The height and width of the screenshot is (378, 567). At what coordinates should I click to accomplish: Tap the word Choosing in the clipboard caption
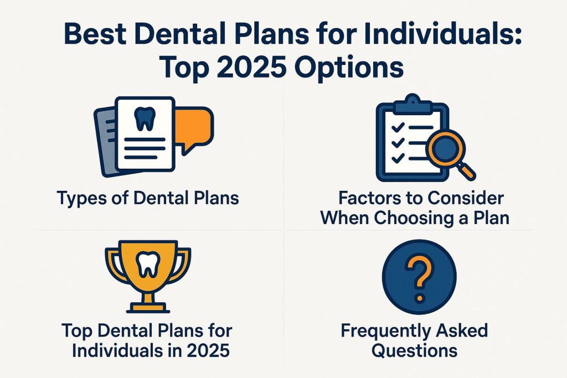(421, 217)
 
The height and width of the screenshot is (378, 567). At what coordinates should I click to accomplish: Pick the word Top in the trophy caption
(78, 332)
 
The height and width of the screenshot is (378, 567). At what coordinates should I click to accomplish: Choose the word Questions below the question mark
(414, 351)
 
